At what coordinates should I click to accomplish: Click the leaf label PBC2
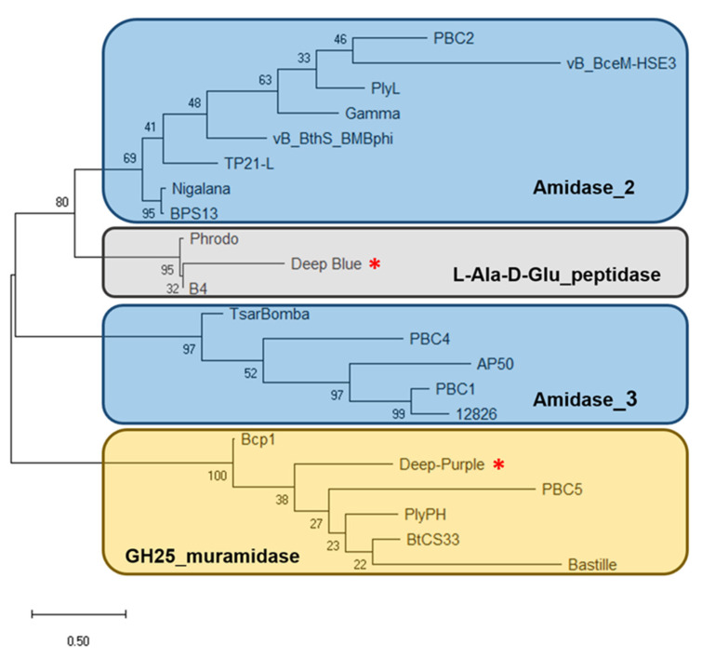[455, 39]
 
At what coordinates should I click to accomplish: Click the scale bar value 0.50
[77, 641]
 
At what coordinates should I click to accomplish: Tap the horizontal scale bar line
[79, 614]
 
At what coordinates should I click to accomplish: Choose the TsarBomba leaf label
[269, 314]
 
